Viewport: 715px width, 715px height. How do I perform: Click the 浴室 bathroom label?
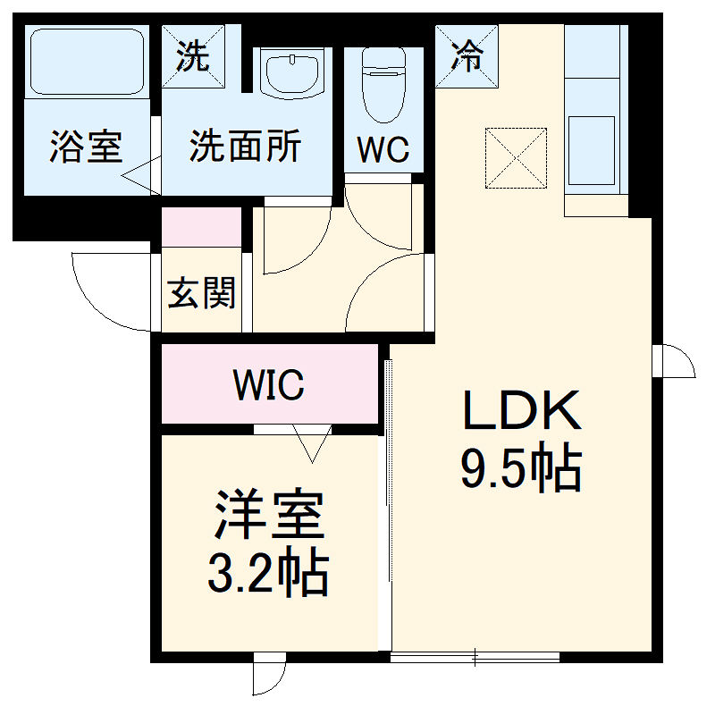coord(86,147)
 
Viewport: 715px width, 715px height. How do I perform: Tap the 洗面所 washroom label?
coord(244,147)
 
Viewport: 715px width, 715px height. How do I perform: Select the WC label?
coord(383,149)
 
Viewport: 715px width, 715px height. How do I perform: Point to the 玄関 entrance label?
coord(202,292)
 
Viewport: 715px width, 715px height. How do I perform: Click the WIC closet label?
coord(268,385)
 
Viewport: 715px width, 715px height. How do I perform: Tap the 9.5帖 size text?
coord(521,469)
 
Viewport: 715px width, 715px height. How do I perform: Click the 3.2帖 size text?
coord(267,575)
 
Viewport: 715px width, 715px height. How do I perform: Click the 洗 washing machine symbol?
coord(192,56)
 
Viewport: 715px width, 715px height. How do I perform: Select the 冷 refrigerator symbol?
coord(466,56)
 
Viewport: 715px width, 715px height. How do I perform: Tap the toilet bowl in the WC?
coord(383,88)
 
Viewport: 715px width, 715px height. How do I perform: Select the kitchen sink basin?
coord(591,152)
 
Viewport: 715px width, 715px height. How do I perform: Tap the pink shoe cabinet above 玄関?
coord(202,227)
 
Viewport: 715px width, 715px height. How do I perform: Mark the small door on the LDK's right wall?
coord(674,361)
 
